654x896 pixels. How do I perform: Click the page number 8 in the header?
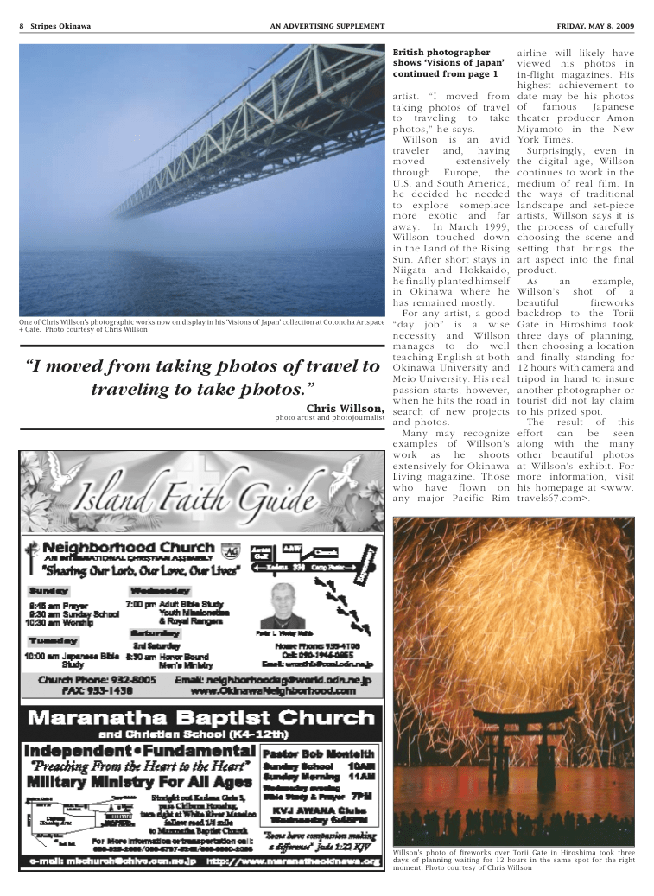click(21, 26)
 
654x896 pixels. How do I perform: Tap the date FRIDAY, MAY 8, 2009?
click(594, 26)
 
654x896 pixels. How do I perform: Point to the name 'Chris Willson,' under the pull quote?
click(345, 408)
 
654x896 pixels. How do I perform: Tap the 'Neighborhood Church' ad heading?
click(128, 547)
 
